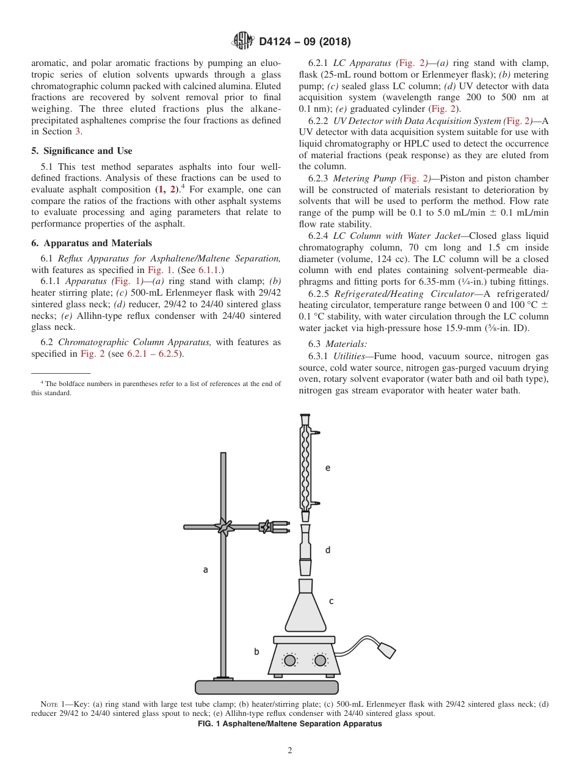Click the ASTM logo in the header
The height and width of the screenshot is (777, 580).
click(x=244, y=42)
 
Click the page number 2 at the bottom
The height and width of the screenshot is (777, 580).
click(x=290, y=750)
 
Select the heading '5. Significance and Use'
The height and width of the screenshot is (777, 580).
click(x=82, y=151)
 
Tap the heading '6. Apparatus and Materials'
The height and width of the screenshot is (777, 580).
click(x=92, y=243)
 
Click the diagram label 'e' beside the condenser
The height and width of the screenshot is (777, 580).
click(x=328, y=467)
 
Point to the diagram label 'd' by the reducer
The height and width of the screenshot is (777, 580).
click(x=328, y=550)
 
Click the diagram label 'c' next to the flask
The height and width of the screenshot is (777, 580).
click(x=331, y=601)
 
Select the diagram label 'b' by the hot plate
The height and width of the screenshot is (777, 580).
click(x=256, y=652)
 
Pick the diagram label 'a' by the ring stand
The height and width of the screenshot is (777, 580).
click(x=205, y=569)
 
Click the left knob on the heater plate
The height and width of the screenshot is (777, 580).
click(x=290, y=660)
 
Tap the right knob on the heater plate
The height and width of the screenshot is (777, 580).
click(x=320, y=660)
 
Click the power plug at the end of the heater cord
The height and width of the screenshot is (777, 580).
click(x=386, y=650)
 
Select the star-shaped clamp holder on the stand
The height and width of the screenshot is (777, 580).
click(x=225, y=526)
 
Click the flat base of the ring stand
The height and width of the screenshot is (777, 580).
click(x=266, y=687)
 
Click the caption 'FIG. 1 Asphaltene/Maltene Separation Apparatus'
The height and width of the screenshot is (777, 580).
click(x=290, y=724)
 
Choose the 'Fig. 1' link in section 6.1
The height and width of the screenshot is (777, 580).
click(x=158, y=269)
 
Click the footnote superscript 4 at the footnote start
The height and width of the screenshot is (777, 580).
click(x=42, y=382)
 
